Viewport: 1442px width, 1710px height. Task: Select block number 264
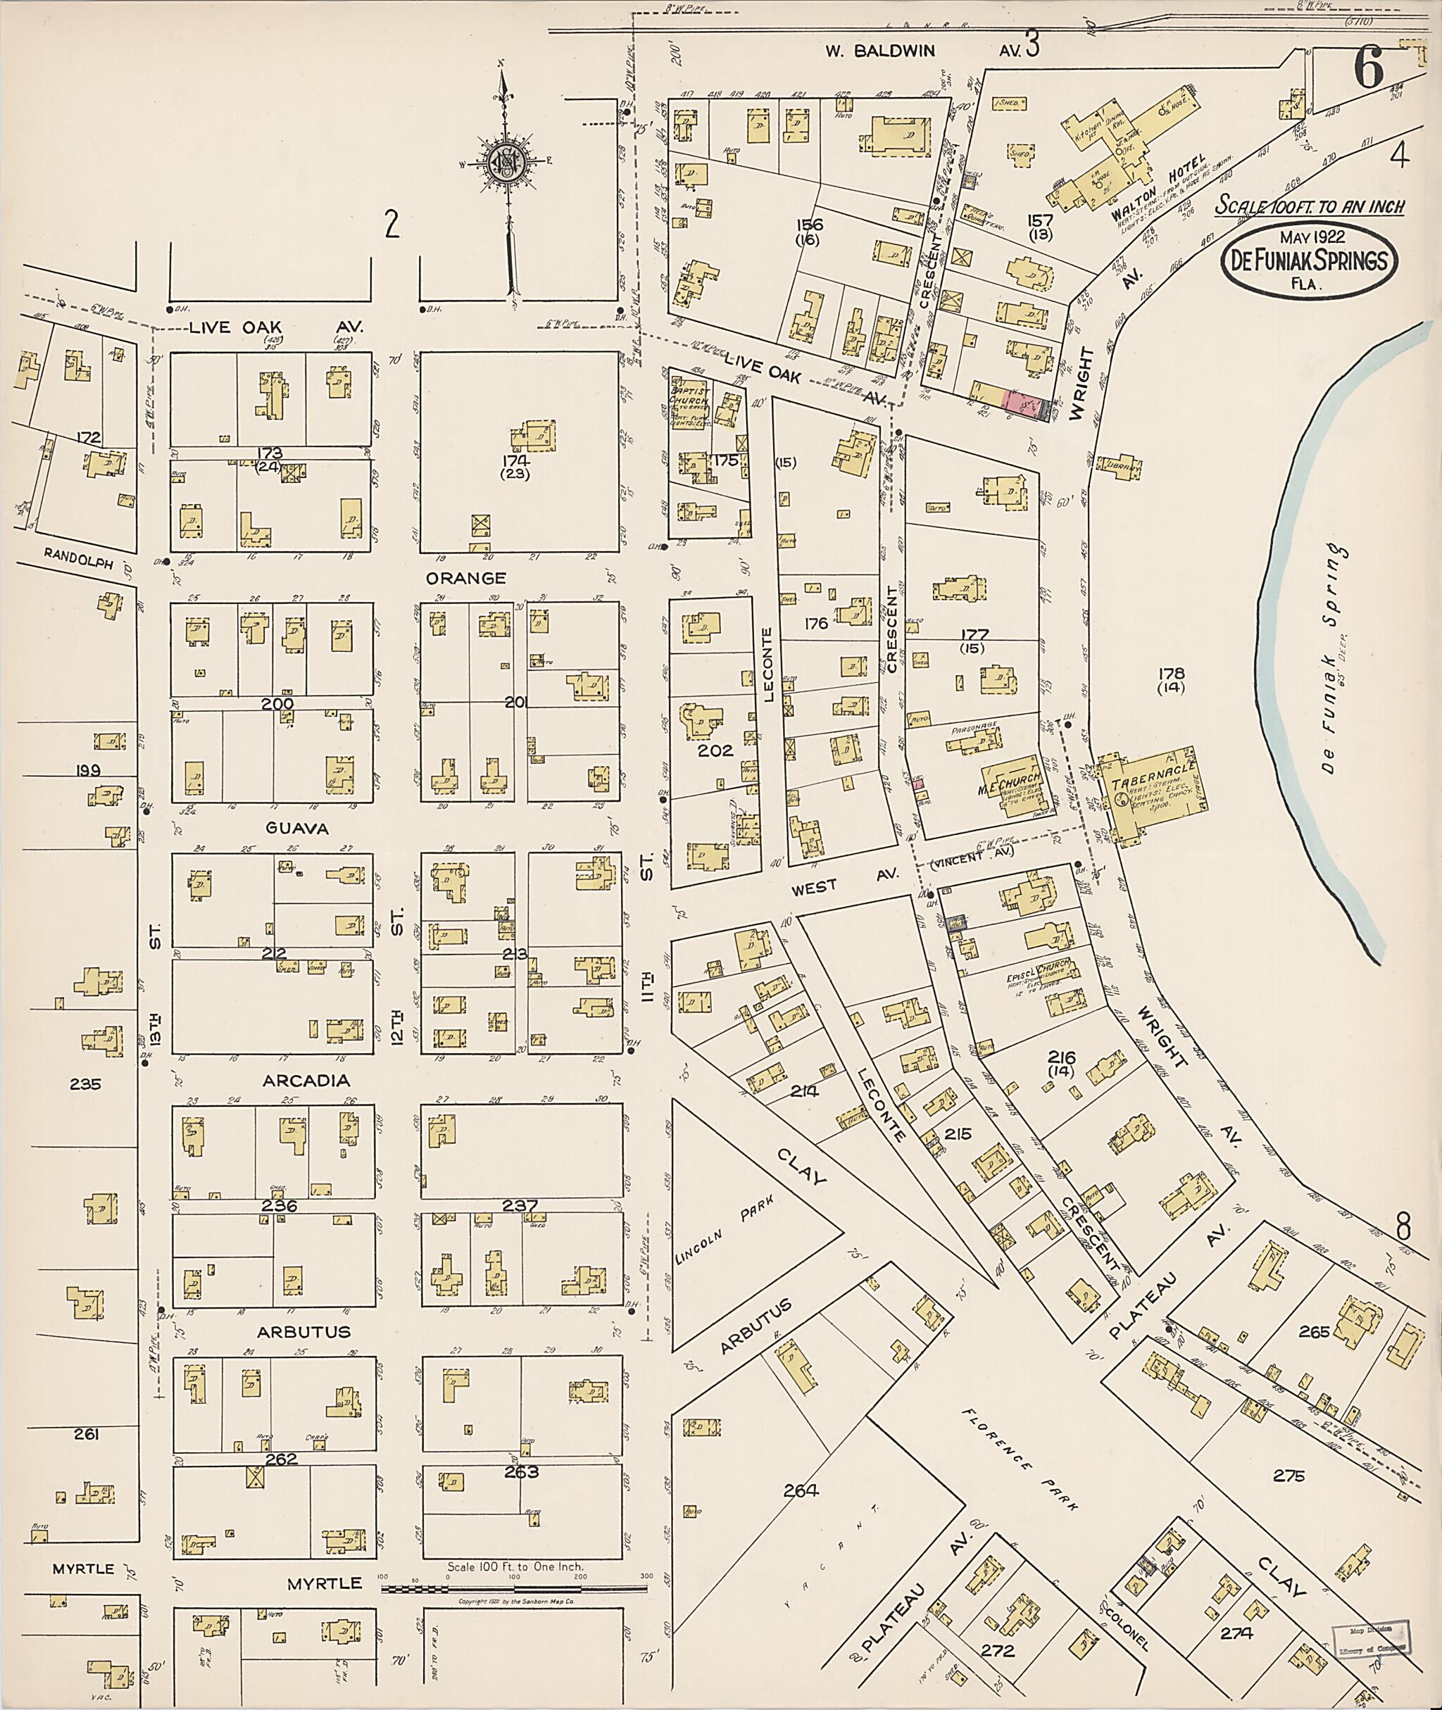coord(801,1490)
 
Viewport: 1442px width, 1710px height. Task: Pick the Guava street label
coord(296,828)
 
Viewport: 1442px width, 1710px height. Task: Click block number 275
coord(1288,1476)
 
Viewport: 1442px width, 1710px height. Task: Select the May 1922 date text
coord(1309,237)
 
